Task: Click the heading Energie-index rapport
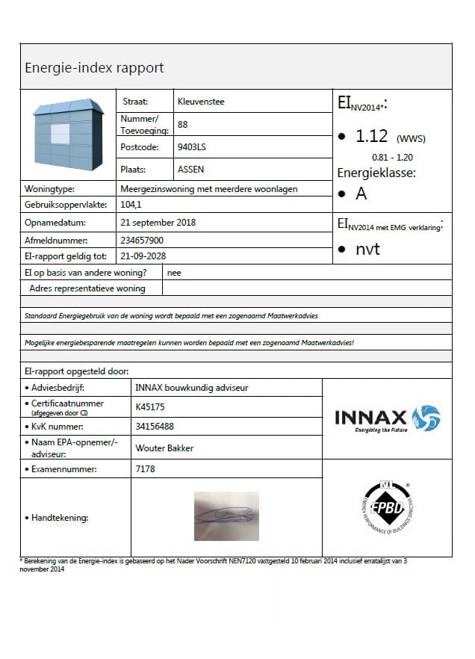point(94,68)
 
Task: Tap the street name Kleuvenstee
point(201,102)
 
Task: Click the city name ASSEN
point(190,170)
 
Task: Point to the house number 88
point(183,125)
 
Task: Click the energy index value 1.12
point(371,136)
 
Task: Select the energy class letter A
point(361,194)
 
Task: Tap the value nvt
point(367,249)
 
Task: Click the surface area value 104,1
point(132,205)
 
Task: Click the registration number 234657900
point(142,241)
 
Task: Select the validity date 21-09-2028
point(143,256)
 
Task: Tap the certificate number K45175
point(150,407)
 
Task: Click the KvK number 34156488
point(155,427)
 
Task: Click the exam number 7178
point(146,469)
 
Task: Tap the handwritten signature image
point(226,516)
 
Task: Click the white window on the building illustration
point(60,134)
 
